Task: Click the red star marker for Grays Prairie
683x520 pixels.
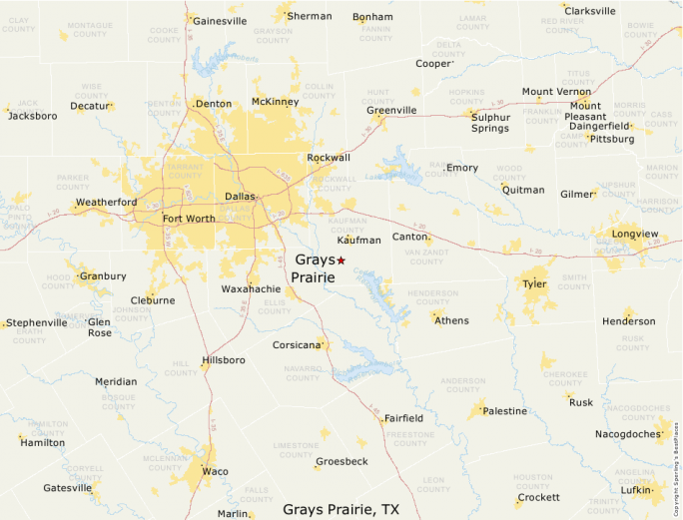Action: [x=341, y=260]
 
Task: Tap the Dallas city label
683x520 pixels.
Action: [x=240, y=197]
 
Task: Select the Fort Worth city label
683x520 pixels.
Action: [x=188, y=219]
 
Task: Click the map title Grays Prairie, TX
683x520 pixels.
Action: [x=341, y=509]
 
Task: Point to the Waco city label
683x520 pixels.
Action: [x=215, y=471]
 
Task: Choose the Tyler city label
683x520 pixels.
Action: [x=534, y=284]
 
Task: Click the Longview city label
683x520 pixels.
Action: [x=635, y=234]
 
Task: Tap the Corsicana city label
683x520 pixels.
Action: [x=297, y=345]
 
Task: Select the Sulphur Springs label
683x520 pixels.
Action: [x=490, y=122]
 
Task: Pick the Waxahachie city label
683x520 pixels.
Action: [x=251, y=288]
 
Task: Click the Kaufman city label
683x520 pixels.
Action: [x=359, y=241]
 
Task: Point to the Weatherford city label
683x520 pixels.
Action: [x=106, y=203]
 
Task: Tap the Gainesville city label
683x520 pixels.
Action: [x=219, y=20]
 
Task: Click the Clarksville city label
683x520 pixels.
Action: [x=590, y=11]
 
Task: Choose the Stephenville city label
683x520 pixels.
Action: [x=38, y=322]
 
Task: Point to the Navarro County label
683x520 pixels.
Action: [x=301, y=373]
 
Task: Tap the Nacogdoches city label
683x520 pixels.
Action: [x=627, y=434]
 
